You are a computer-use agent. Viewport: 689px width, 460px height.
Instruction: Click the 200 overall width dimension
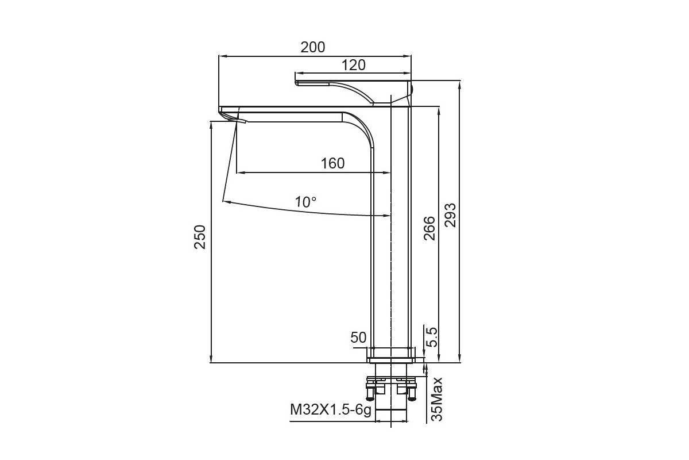pos(312,47)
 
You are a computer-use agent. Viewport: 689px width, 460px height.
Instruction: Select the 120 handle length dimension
pos(354,65)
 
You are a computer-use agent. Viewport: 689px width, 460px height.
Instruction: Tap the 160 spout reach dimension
pos(333,163)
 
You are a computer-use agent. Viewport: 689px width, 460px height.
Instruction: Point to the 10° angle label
pos(305,202)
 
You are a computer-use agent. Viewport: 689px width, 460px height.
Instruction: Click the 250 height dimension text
pos(200,237)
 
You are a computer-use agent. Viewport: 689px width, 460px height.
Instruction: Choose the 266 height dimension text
pos(429,228)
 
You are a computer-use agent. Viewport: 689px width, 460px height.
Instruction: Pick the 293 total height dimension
pos(450,215)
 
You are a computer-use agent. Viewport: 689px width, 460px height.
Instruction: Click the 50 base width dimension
pos(358,338)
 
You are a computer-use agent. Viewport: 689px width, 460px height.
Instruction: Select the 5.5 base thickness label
pos(432,337)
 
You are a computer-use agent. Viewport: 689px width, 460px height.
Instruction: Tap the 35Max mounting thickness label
pos(436,399)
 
